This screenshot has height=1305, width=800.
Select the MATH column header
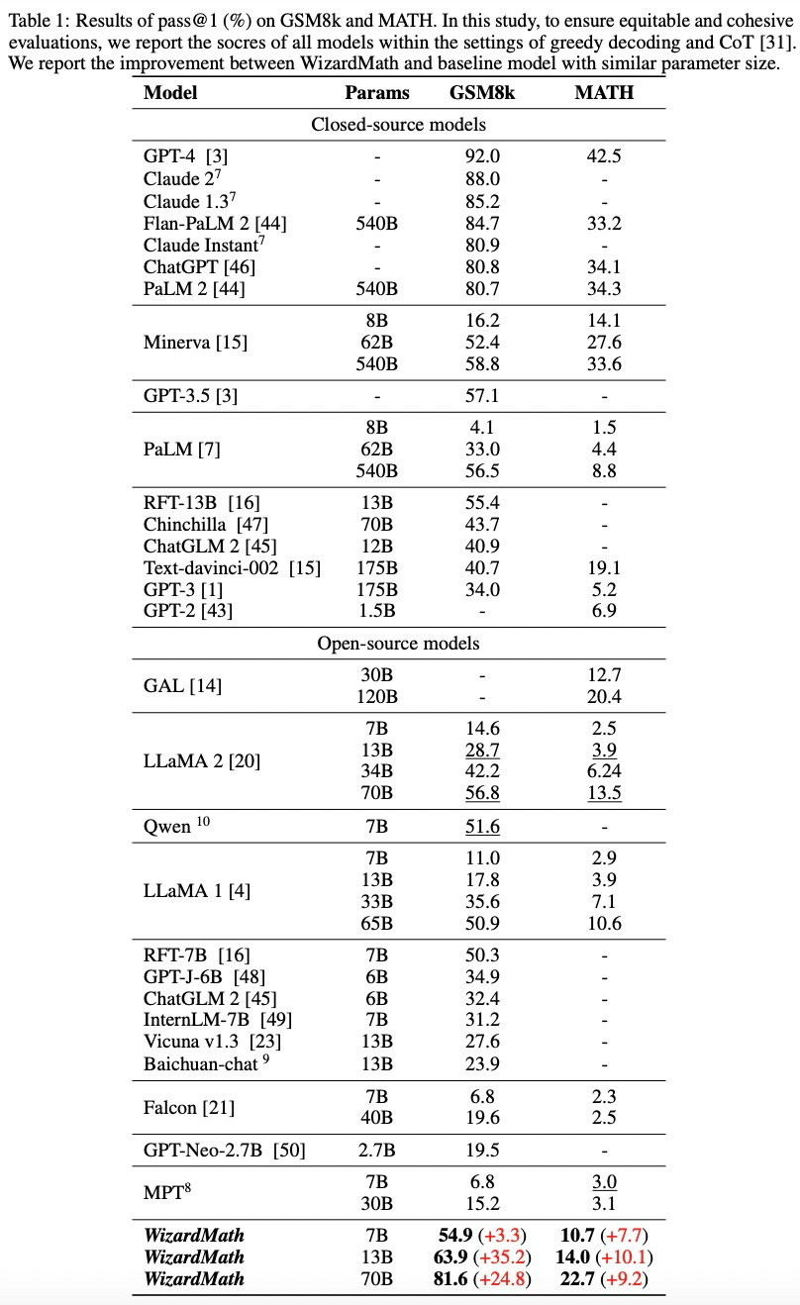coord(604,93)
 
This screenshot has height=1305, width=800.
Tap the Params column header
coord(376,93)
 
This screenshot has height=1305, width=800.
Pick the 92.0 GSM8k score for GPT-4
coord(482,155)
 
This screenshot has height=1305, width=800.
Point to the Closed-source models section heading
coord(398,125)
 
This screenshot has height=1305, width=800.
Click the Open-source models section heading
coord(398,644)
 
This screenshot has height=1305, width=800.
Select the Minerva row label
coord(195,343)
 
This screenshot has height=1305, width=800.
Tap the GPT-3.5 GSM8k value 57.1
coord(482,396)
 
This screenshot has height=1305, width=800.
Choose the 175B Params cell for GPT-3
coord(376,589)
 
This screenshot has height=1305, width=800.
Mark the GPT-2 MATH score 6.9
coord(604,611)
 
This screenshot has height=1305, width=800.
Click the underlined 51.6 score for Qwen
coord(482,826)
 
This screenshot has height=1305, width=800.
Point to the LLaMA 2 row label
coord(202,760)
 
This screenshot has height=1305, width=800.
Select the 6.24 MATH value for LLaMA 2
coord(604,770)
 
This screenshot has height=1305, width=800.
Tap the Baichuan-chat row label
coord(209,1063)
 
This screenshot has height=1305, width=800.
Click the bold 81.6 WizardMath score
coord(458,1279)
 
